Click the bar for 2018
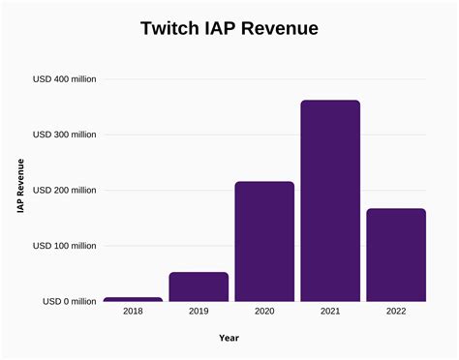pos(133,299)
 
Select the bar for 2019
pos(199,286)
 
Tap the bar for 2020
pos(264,241)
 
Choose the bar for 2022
pos(396,255)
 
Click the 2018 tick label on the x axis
pos(133,313)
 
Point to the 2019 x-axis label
pos(199,313)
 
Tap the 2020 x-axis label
pos(264,313)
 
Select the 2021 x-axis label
pos(330,313)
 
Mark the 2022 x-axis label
pos(396,313)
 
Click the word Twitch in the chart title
pos(174,29)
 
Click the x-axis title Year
pos(229,338)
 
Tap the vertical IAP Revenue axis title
pos(20,190)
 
